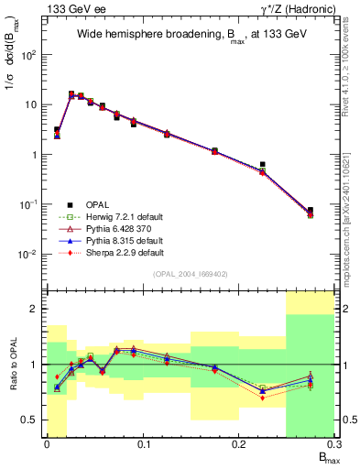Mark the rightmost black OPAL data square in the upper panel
(311, 210)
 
